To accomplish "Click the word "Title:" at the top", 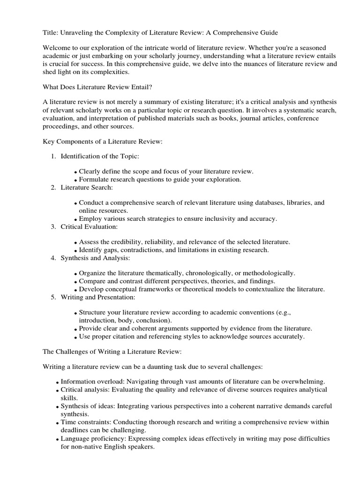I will point(51,32).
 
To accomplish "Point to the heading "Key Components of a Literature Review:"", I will point(103,142).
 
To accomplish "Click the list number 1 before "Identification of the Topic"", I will point(53,155).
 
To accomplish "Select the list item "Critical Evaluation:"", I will point(89,226).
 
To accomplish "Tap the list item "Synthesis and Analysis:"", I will point(95,258).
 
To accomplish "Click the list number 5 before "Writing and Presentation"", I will point(53,297).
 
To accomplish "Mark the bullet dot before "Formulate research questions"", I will point(76,180).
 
